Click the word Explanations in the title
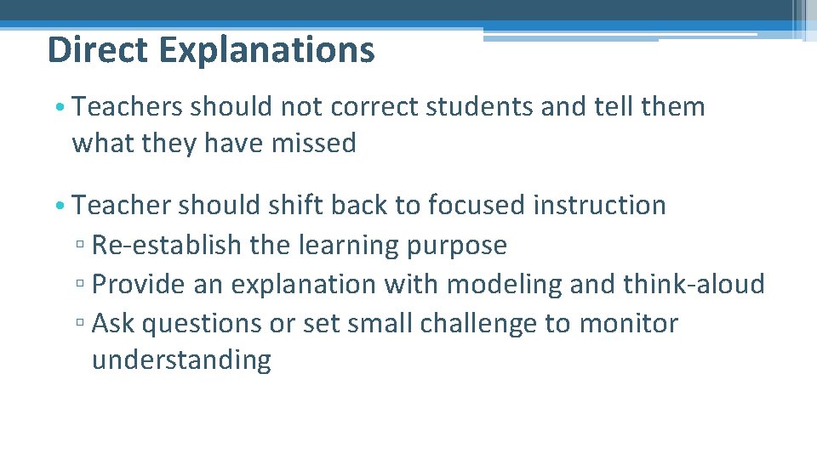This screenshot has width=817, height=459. pyautogui.click(x=266, y=51)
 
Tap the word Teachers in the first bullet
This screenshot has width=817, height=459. pyautogui.click(x=128, y=107)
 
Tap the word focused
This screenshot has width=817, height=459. pyautogui.click(x=477, y=205)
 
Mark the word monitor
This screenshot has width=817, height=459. pyautogui.click(x=630, y=324)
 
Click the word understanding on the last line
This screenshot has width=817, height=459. pyautogui.click(x=181, y=360)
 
